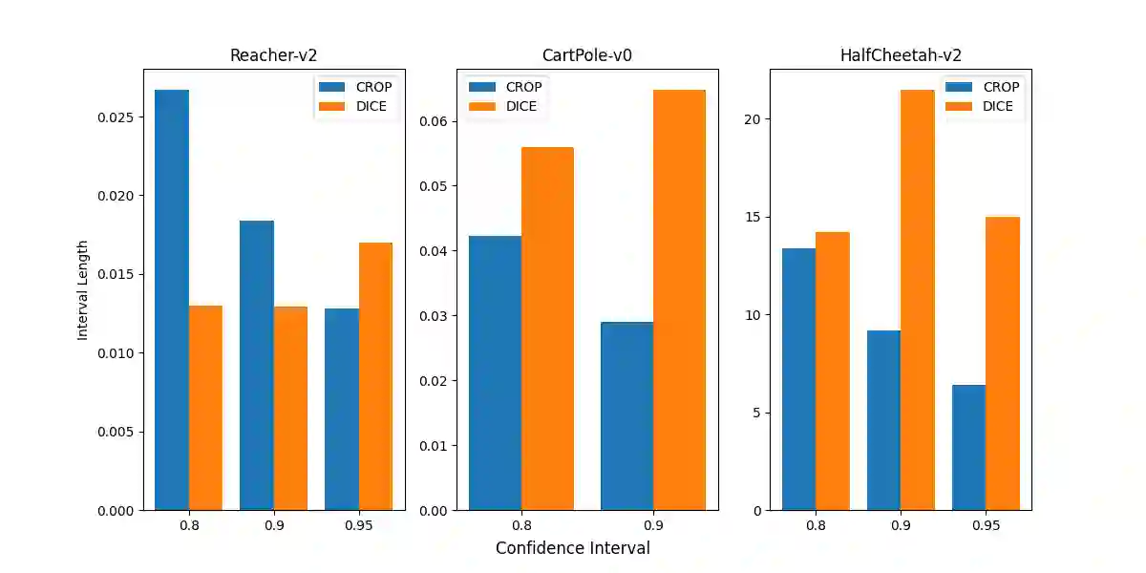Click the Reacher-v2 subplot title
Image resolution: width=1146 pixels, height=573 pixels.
pos(273,55)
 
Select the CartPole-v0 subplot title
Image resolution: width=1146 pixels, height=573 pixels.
pos(586,55)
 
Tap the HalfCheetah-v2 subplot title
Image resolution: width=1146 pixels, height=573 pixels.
pos(901,55)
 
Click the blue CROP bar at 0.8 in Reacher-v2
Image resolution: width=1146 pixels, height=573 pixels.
pos(172,300)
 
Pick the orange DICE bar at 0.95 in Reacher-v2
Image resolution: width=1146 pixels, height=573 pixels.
pos(375,376)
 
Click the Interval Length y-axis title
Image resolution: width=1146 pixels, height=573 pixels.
pos(83,289)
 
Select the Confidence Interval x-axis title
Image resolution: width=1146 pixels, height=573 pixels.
pos(572,548)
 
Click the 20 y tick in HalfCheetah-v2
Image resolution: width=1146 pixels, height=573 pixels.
pos(753,119)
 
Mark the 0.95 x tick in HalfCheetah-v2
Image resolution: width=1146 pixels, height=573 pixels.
pos(986,526)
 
